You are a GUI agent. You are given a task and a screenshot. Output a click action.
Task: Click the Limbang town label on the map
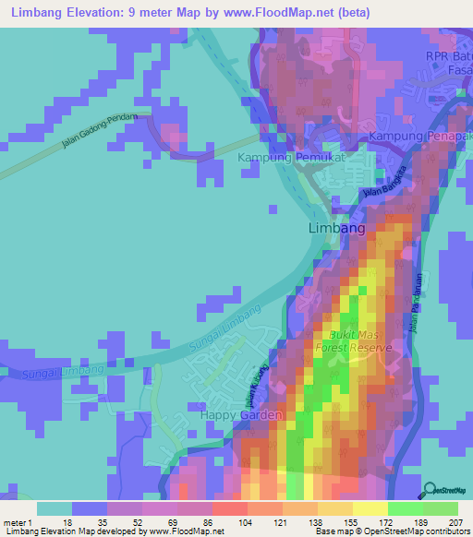[x=335, y=228]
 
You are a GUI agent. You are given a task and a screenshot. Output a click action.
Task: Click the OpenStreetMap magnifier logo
[x=431, y=491]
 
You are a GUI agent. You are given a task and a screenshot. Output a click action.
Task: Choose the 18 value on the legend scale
[x=67, y=523]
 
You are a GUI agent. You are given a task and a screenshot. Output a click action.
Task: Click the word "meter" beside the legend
[x=13, y=523]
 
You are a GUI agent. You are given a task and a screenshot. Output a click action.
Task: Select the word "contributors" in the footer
[x=444, y=531]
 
